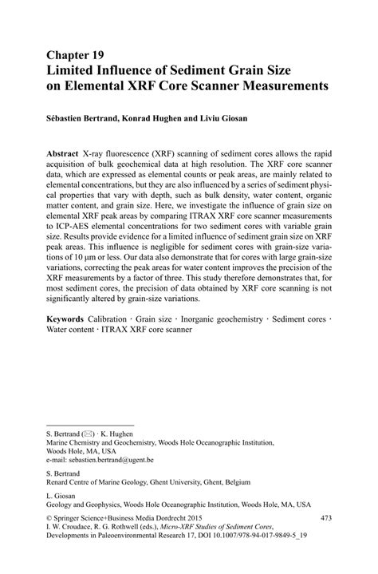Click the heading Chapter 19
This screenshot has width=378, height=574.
click(75, 57)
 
